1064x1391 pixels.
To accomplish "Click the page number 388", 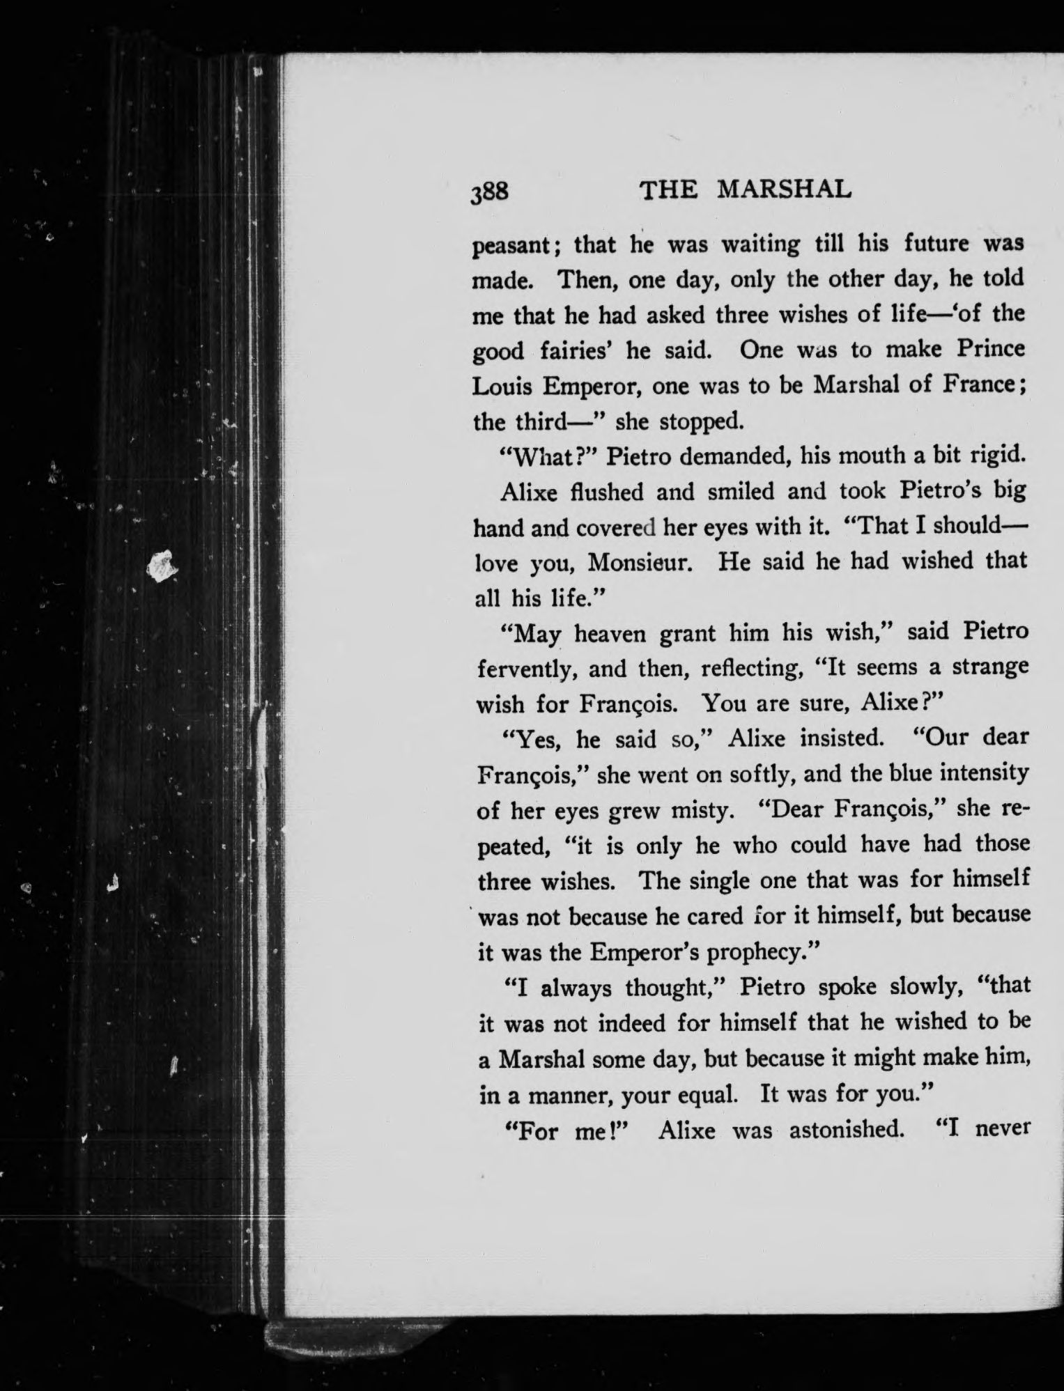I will pyautogui.click(x=491, y=192).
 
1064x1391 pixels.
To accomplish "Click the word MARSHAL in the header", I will pyautogui.click(x=785, y=189).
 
